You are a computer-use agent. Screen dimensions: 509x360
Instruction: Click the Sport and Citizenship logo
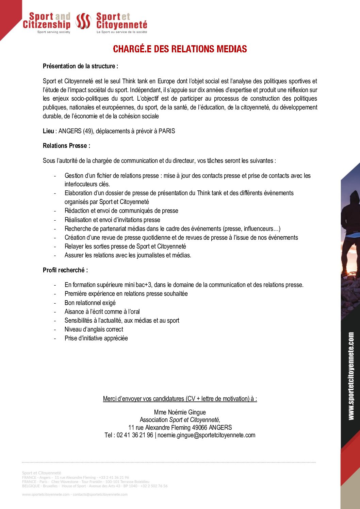coord(47,22)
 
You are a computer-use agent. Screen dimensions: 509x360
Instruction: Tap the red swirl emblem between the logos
coord(83,21)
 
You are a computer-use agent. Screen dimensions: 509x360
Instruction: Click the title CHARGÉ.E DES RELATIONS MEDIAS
coord(180,49)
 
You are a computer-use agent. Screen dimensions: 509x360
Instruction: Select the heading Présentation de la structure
coord(80,66)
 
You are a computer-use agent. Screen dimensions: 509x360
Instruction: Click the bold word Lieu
coord(48,131)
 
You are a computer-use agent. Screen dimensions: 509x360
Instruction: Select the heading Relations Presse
coord(66,146)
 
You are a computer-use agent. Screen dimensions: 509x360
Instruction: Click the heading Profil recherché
coord(65,270)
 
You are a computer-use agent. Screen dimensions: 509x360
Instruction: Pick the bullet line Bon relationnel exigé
coord(90,303)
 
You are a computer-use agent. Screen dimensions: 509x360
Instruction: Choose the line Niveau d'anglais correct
coord(94,329)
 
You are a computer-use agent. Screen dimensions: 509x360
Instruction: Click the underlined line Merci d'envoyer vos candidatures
coord(180,399)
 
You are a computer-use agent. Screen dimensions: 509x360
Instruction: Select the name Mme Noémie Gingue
coord(180,412)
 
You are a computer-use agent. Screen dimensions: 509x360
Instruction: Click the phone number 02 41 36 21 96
coord(135,435)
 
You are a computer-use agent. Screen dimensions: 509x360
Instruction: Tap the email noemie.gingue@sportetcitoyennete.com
coord(206,435)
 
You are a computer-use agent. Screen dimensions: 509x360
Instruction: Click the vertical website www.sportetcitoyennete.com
coord(351,376)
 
